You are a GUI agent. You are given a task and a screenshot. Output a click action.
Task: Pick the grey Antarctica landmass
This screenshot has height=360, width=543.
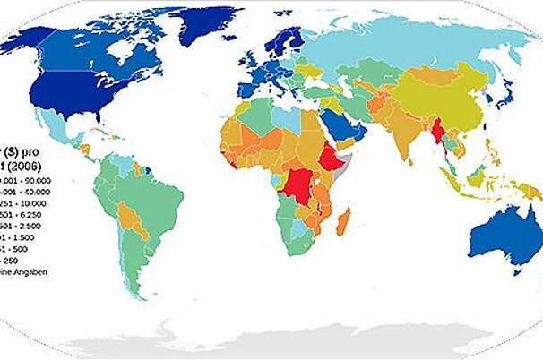point(287,345)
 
